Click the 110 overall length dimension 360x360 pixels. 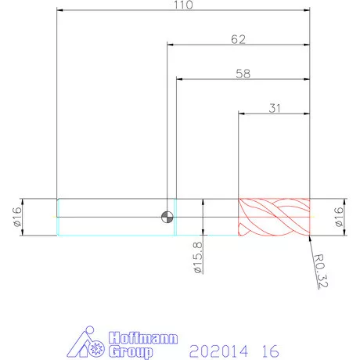pyautogui.click(x=183, y=5)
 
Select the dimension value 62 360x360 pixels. pyautogui.click(x=238, y=39)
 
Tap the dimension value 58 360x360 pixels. pyautogui.click(x=243, y=74)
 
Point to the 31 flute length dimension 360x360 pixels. pyautogui.click(x=275, y=108)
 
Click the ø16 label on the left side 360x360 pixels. pyautogui.click(x=16, y=217)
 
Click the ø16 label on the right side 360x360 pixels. pyautogui.click(x=338, y=217)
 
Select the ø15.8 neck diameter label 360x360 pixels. pyautogui.click(x=198, y=257)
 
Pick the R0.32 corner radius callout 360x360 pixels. pyautogui.click(x=321, y=271)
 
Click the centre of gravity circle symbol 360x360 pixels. pyautogui.click(x=167, y=217)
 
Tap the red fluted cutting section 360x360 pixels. pyautogui.click(x=274, y=217)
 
